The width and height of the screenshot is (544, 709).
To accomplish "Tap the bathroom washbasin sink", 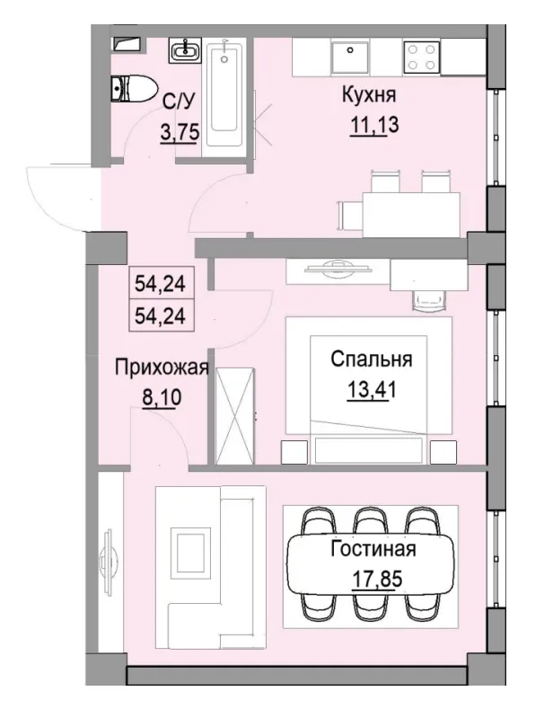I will (x=185, y=50).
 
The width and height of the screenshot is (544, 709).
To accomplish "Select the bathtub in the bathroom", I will (x=225, y=93).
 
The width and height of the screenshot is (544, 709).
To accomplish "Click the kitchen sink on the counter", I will (x=347, y=56).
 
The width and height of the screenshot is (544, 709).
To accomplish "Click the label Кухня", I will (x=368, y=94).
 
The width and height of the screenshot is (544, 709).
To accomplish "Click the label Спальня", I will (x=371, y=360).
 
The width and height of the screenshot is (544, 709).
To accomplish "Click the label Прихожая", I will (x=161, y=367).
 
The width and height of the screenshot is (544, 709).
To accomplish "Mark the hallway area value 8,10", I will (x=161, y=395).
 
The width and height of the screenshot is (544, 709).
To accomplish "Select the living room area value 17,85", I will (x=372, y=577).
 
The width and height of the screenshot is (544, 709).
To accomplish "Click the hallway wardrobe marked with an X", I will (x=234, y=415).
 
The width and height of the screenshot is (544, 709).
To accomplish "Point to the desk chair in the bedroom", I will (x=426, y=298).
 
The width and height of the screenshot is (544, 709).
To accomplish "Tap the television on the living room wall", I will (x=109, y=559).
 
